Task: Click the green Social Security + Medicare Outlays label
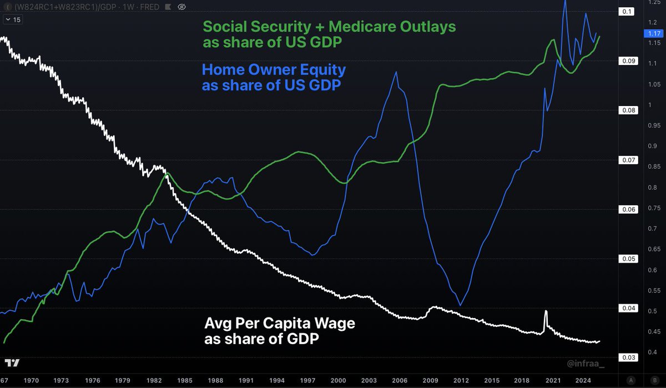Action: (x=330, y=34)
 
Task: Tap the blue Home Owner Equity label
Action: (x=274, y=78)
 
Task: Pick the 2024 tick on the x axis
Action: (x=583, y=381)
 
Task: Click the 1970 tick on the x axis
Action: (x=31, y=381)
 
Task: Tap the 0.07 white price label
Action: (x=628, y=160)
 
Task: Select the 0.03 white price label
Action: (x=628, y=357)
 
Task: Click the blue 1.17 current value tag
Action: (x=650, y=34)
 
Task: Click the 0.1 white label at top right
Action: (x=628, y=12)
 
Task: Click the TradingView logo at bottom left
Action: (x=12, y=363)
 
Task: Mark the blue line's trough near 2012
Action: (x=461, y=305)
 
